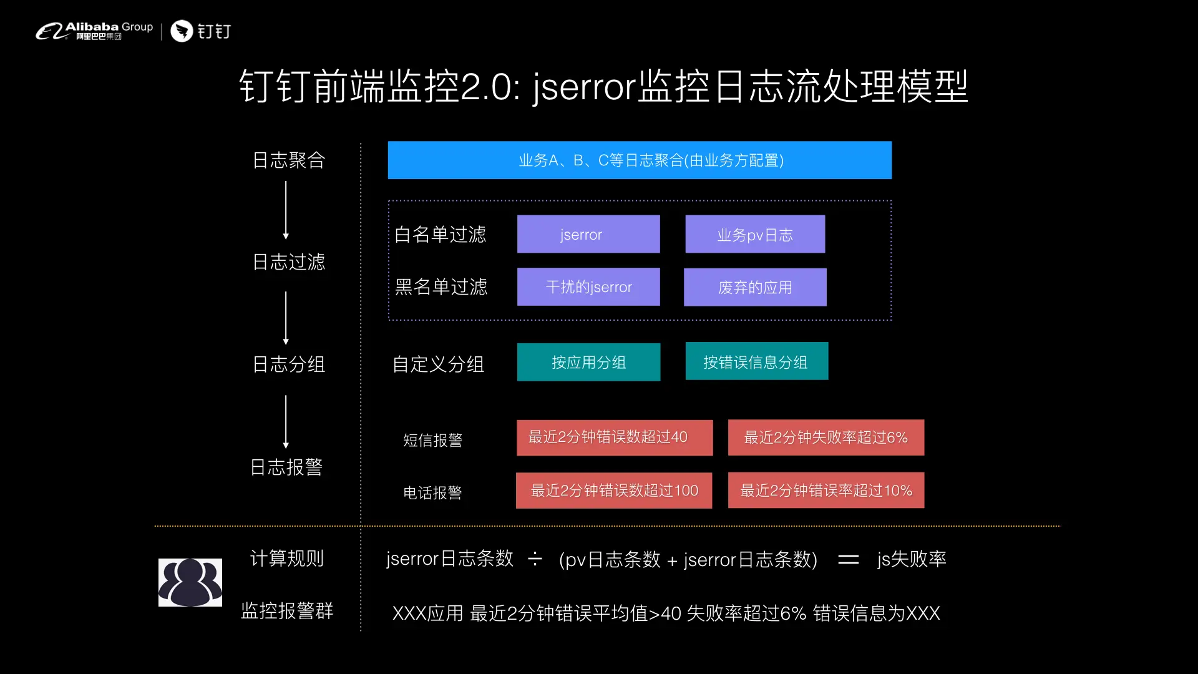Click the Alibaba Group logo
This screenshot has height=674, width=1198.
(94, 31)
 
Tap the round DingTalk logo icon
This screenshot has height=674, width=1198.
(182, 31)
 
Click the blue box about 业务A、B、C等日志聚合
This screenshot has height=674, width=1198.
(640, 160)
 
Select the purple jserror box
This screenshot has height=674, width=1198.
(588, 234)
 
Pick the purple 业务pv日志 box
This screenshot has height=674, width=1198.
(755, 234)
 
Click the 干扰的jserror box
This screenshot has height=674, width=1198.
(588, 287)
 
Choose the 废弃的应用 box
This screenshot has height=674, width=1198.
(755, 287)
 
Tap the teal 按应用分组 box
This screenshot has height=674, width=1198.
(588, 362)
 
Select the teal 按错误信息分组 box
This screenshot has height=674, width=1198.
(756, 361)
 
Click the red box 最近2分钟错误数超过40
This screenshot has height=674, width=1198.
(615, 437)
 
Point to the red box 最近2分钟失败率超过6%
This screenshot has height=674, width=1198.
(825, 437)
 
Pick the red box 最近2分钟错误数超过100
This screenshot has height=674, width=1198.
(614, 491)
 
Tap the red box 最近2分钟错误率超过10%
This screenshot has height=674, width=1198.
(825, 491)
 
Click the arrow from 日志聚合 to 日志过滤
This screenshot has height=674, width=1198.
(286, 210)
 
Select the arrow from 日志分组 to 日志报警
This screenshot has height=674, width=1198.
(286, 421)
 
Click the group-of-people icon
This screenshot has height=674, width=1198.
(190, 582)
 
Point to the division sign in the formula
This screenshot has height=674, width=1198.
(535, 559)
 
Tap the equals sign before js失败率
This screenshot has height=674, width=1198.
(848, 560)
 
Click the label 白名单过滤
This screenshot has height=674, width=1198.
(441, 235)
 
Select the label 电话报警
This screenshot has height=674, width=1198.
(432, 493)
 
